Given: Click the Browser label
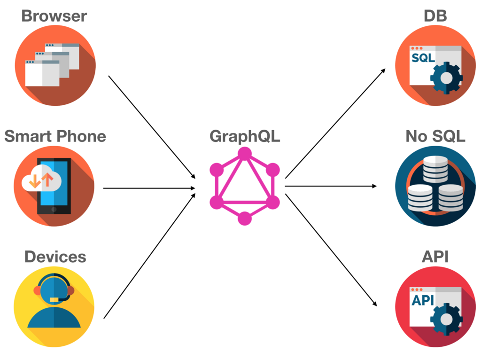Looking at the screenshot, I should pyautogui.click(x=54, y=16).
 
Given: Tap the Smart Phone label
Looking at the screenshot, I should pyautogui.click(x=55, y=136).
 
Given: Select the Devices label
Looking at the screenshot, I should pyautogui.click(x=55, y=257).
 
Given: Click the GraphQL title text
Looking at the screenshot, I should pyautogui.click(x=245, y=136).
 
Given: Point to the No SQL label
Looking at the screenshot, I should pyautogui.click(x=435, y=136).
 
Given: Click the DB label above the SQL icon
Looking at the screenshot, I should pyautogui.click(x=435, y=16).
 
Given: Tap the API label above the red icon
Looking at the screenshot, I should pyautogui.click(x=435, y=257).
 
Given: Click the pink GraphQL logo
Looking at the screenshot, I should pyautogui.click(x=244, y=186).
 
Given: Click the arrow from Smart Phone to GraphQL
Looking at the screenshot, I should pyautogui.click(x=149, y=188).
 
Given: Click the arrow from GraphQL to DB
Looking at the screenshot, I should pyautogui.click(x=335, y=123).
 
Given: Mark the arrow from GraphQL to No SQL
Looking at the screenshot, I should pyautogui.click(x=331, y=186).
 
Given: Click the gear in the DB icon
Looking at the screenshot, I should pyautogui.click(x=447, y=78).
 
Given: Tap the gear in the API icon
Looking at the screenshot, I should pyautogui.click(x=447, y=319).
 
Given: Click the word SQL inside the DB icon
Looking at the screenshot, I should pyautogui.click(x=423, y=59).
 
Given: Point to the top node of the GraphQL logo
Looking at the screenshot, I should pyautogui.click(x=244, y=154).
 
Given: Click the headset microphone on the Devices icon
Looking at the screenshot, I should pyautogui.click(x=54, y=299).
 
